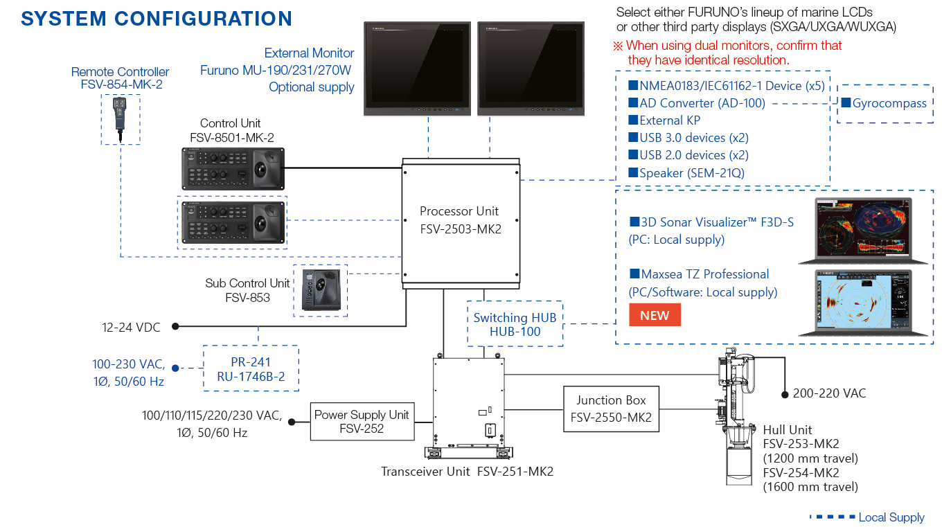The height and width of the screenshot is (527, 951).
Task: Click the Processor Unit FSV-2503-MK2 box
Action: click(x=460, y=222)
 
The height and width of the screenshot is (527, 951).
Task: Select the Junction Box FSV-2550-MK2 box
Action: click(x=611, y=409)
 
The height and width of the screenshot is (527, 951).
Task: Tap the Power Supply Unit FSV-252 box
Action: click(x=362, y=422)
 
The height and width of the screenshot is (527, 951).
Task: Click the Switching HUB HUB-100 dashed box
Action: click(x=515, y=324)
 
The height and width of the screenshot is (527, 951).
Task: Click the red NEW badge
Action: click(x=654, y=315)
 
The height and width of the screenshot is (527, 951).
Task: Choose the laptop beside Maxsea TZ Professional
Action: click(x=862, y=302)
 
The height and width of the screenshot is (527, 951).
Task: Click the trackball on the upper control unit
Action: click(x=266, y=169)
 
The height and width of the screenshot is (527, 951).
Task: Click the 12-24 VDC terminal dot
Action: click(x=176, y=325)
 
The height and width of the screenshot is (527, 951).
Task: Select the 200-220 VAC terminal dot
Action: click(x=785, y=394)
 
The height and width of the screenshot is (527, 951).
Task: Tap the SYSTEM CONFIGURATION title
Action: click(x=157, y=18)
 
